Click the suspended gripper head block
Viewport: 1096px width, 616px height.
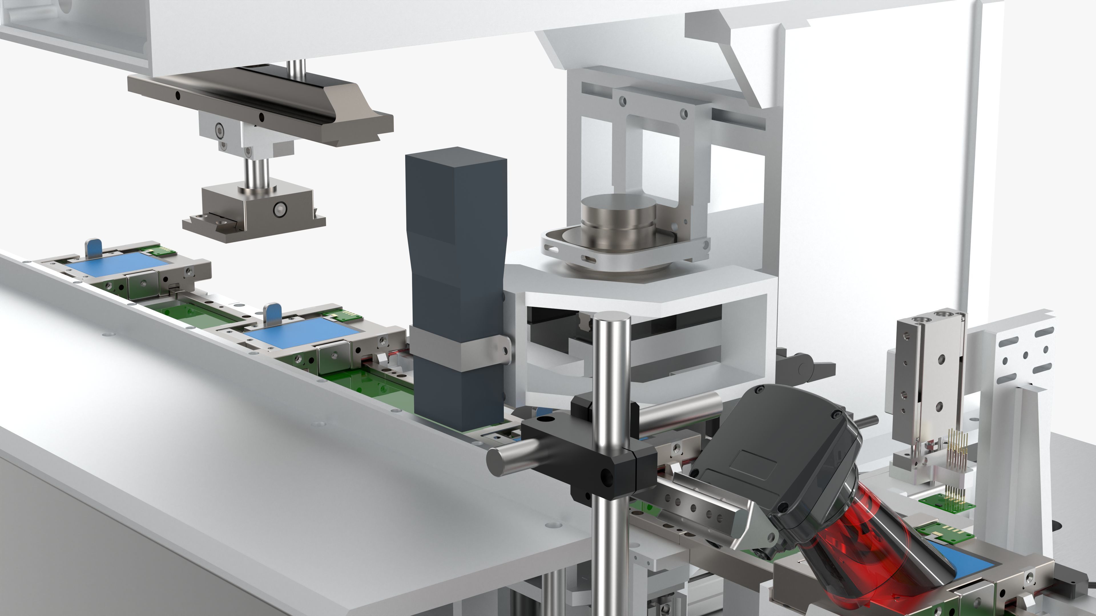[255, 208]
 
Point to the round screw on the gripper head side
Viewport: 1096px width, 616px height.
[279, 209]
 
